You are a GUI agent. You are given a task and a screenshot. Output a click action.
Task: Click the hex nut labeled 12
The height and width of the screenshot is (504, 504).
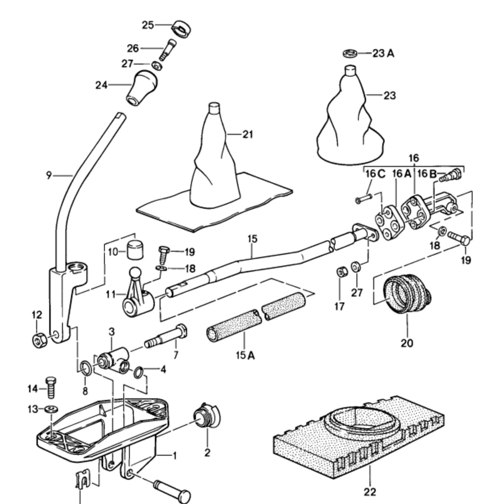[x=39, y=340]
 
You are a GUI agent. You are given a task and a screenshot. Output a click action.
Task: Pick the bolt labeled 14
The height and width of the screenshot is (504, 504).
[x=51, y=387]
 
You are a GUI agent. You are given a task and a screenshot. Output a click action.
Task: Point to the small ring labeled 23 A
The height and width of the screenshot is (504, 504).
[x=350, y=54]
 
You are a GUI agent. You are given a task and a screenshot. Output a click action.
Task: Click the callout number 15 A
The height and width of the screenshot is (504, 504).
[x=243, y=354]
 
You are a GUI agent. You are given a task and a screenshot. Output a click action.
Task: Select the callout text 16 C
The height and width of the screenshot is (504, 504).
[x=374, y=174]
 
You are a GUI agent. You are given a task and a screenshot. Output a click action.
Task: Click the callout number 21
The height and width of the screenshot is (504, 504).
[x=247, y=134]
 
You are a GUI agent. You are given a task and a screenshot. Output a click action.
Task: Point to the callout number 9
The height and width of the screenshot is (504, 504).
[x=49, y=175]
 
